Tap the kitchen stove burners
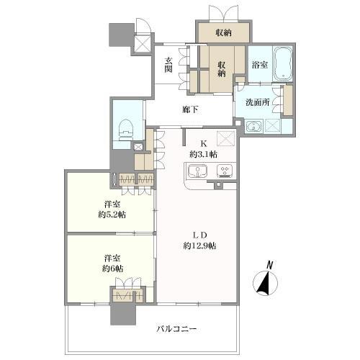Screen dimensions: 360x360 click(x=224, y=171)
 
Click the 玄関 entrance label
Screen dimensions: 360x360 click(x=168, y=64)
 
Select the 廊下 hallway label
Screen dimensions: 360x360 click(x=189, y=109)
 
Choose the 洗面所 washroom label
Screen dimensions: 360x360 click(x=256, y=103)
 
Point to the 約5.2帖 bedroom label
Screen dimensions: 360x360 click(x=110, y=209)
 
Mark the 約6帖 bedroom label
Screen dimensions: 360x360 click(x=110, y=263)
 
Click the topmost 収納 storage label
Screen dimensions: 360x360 click(x=223, y=32)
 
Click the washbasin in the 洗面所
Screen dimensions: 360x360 click(x=253, y=127)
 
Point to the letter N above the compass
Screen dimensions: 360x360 click(x=269, y=264)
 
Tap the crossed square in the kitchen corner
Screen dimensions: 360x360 click(x=227, y=139)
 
